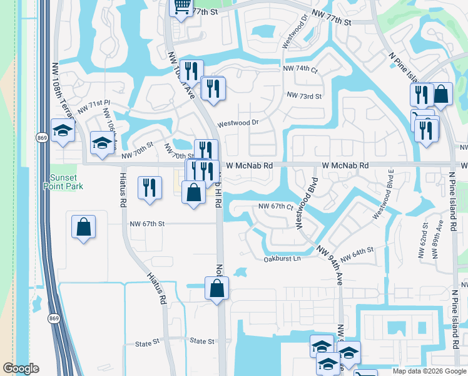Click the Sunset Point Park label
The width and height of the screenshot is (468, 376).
click(x=59, y=181)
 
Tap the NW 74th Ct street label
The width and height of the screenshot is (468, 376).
click(x=300, y=69)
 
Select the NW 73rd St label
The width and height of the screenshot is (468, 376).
click(x=303, y=96)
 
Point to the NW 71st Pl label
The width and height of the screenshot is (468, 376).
click(x=94, y=107)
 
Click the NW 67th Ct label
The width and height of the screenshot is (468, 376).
click(x=276, y=207)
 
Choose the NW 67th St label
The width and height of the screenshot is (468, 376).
click(x=147, y=224)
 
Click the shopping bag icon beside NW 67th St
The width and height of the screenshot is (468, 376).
click(x=83, y=227)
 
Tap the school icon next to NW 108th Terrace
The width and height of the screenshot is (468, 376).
click(x=63, y=130)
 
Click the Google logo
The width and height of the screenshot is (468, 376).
click(x=21, y=368)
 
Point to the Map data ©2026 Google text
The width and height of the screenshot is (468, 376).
click(x=429, y=371)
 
